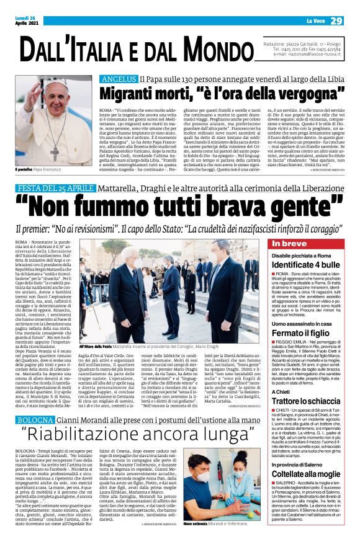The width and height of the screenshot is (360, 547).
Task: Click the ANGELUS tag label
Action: tap(119, 79)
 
